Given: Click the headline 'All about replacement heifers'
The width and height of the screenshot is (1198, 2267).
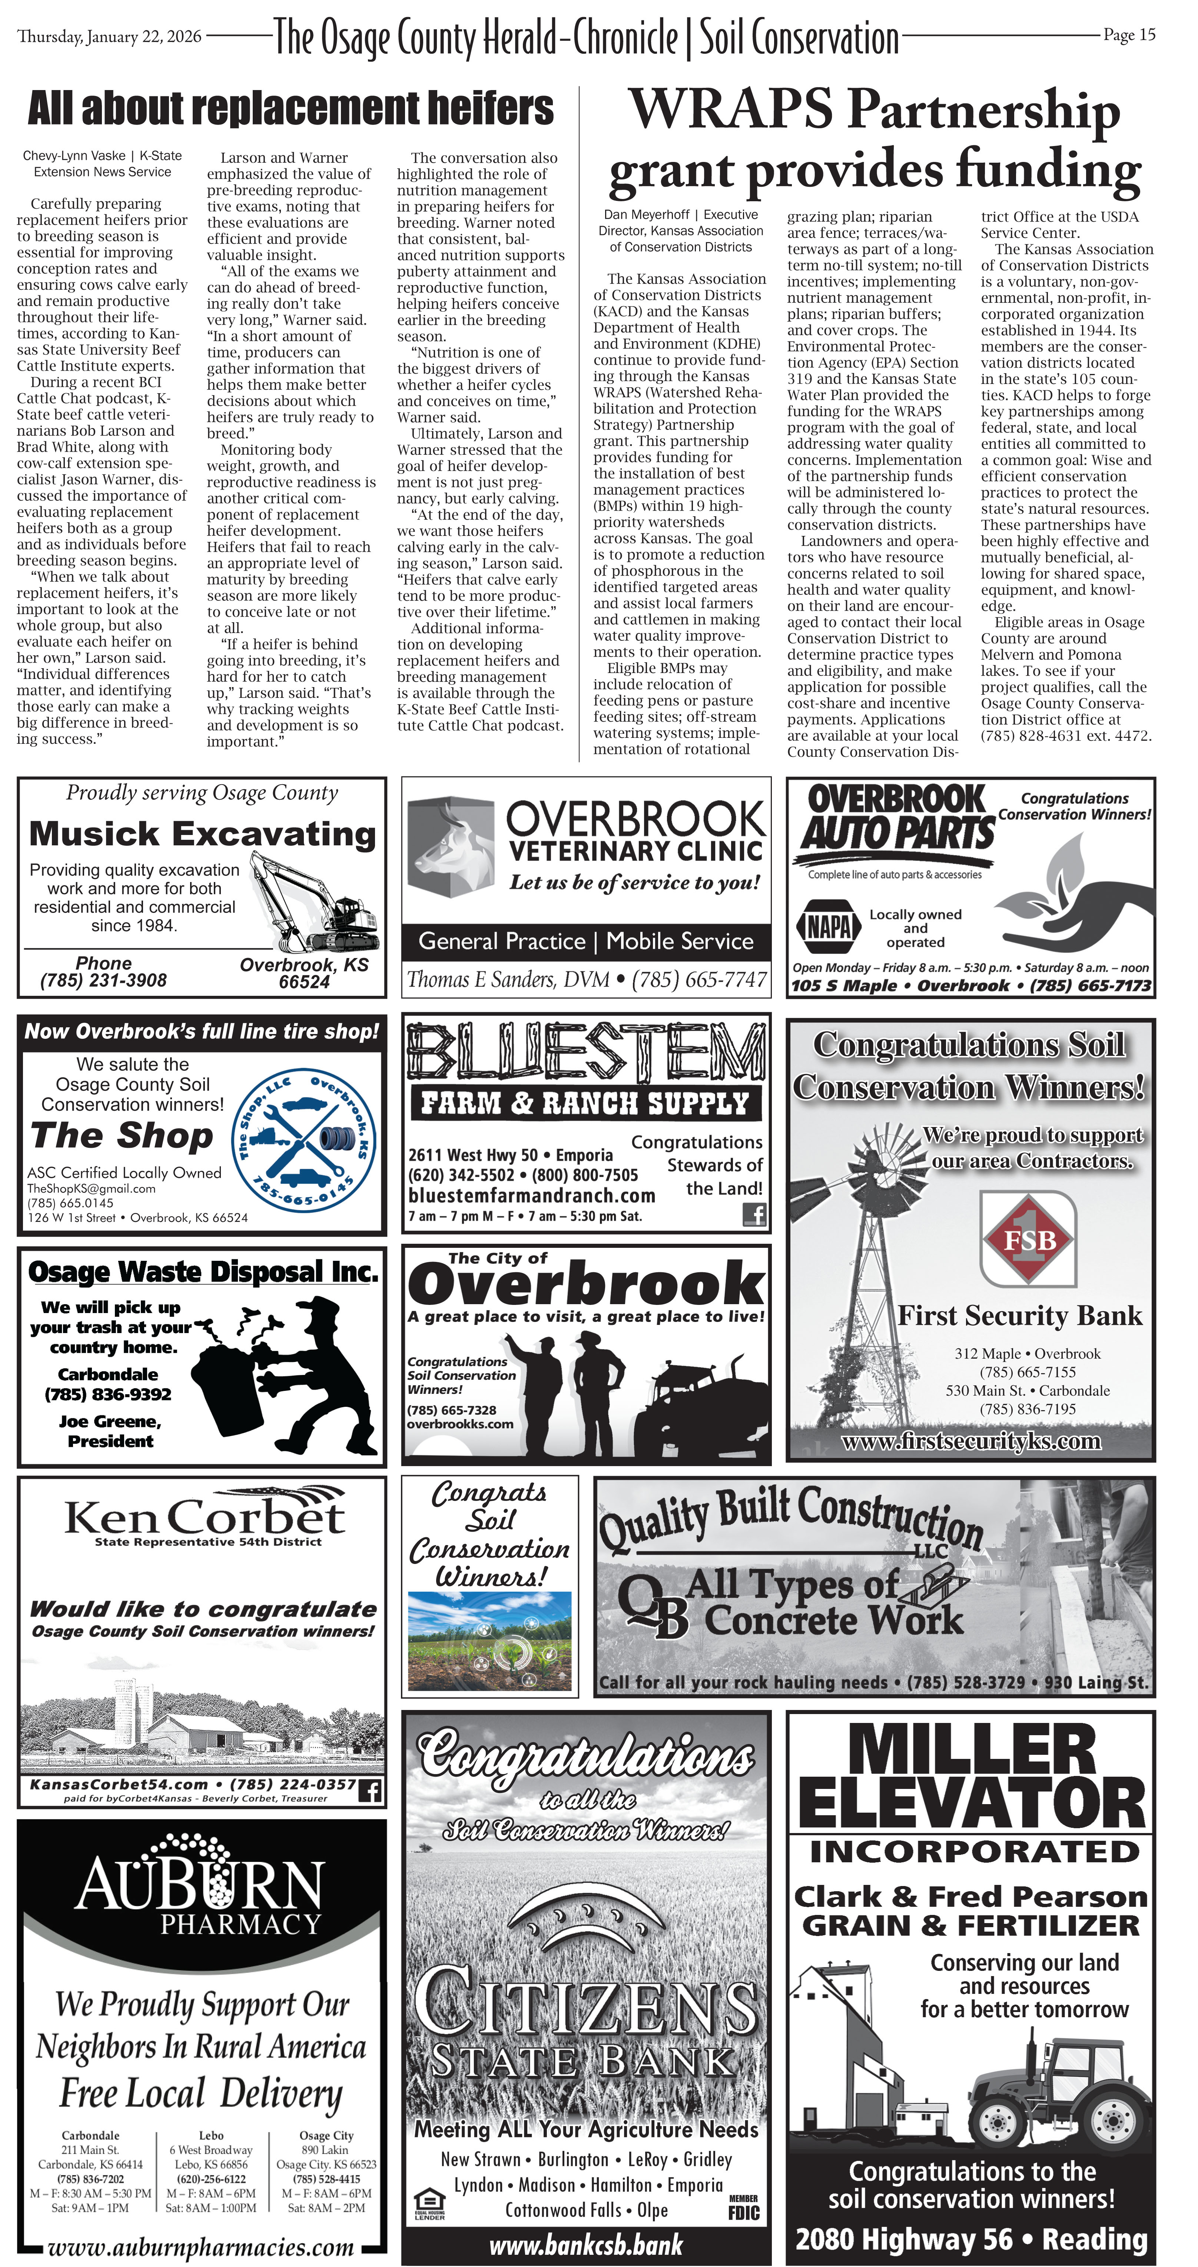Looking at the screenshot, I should (291, 109).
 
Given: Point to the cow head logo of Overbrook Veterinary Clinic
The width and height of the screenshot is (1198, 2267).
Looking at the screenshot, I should (449, 845).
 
